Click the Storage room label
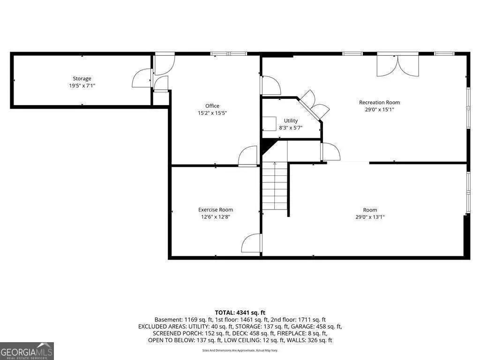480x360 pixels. [x=82, y=79]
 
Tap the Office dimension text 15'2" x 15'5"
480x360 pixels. [x=212, y=113]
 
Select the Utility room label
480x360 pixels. [x=291, y=120]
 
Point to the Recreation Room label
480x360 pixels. [x=379, y=102]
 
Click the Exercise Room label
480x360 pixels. [x=216, y=210]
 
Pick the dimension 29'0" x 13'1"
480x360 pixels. [x=370, y=217]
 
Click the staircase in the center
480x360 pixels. [x=275, y=186]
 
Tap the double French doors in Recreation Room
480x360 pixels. [x=397, y=65]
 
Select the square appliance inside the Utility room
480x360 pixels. [x=270, y=124]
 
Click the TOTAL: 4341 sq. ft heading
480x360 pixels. [x=240, y=313]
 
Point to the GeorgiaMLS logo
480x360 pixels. [x=27, y=351]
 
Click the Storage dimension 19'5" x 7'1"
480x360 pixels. [x=82, y=86]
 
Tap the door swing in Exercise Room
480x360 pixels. [x=252, y=243]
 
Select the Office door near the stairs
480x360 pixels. [x=248, y=156]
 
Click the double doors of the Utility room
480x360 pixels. [x=314, y=105]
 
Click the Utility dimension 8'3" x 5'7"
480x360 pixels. [x=291, y=128]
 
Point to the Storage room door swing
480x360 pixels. [x=142, y=79]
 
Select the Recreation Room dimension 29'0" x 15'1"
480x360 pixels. [x=379, y=110]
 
